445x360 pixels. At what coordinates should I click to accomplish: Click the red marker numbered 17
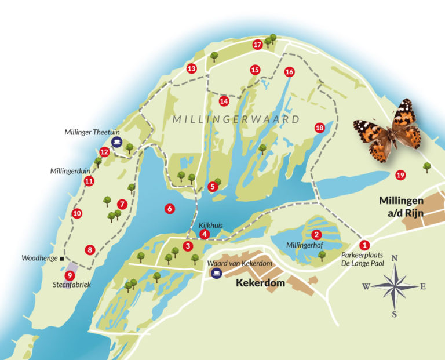pos(258,45)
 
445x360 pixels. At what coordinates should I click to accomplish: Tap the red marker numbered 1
pos(364,245)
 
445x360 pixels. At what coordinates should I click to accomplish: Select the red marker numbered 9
pos(70,276)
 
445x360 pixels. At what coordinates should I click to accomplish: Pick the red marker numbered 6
pos(170,209)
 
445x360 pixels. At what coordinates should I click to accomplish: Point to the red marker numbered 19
pos(400,175)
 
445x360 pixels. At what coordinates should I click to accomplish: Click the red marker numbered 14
pos(224,101)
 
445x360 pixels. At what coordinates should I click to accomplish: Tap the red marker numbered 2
pos(316,235)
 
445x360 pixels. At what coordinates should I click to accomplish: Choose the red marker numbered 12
pos(104,152)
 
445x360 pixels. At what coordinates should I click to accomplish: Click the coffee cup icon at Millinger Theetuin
pos(117,141)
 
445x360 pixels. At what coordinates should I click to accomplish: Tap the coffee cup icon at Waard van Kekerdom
pos(217,273)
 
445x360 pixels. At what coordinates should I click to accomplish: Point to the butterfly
pos(388,131)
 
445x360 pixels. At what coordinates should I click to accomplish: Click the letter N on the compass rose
pos(395,259)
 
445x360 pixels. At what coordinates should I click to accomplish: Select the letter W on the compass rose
pos(366,286)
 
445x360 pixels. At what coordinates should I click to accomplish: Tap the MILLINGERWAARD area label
pos(236,120)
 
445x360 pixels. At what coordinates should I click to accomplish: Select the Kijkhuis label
pos(211,225)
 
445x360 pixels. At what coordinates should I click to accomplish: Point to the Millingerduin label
pos(72,172)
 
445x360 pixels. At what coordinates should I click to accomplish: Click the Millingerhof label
pos(304,246)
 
